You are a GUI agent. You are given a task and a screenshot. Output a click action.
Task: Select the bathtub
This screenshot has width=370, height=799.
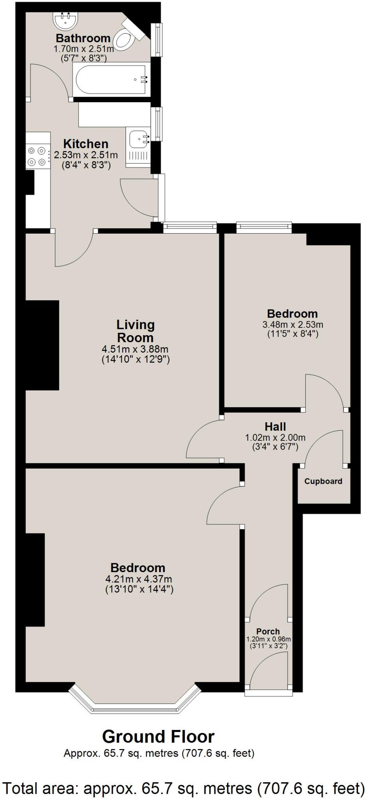(x=112, y=79)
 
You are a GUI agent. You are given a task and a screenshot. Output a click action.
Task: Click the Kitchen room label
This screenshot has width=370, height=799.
(x=86, y=144)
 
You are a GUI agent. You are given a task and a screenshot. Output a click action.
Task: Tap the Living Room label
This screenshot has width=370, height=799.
(x=135, y=331)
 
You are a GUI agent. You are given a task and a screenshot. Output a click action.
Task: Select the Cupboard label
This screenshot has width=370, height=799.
(x=323, y=481)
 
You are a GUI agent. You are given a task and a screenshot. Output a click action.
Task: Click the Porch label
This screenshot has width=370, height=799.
(x=268, y=631)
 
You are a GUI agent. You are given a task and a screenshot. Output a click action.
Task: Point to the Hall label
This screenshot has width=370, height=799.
(x=275, y=426)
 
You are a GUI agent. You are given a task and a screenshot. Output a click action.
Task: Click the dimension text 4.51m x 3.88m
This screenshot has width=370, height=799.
(x=135, y=349)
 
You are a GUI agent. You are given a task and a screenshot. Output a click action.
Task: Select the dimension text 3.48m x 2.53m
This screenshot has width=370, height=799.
(x=292, y=324)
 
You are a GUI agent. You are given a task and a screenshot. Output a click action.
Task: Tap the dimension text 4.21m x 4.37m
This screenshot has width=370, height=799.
(x=138, y=579)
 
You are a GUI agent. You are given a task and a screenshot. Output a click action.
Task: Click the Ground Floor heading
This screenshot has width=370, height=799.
(x=158, y=737)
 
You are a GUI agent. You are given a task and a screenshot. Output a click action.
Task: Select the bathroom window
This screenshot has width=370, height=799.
(x=158, y=39)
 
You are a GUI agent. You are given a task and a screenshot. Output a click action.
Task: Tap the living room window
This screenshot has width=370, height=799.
(x=189, y=227)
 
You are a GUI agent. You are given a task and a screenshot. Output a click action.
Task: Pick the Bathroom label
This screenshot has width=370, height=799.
(x=83, y=38)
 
